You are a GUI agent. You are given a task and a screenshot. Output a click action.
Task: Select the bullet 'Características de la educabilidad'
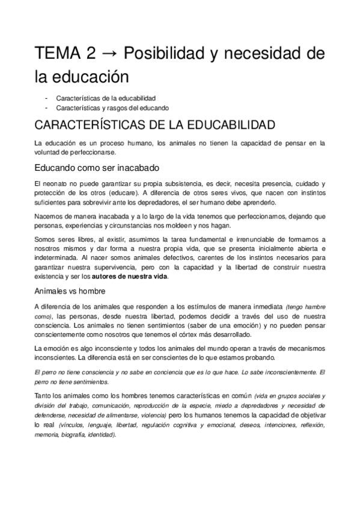[x=106, y=97]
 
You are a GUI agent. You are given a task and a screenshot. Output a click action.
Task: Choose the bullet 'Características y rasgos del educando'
[x=112, y=107]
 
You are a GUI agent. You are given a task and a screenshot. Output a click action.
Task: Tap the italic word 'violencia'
[x=136, y=415]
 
